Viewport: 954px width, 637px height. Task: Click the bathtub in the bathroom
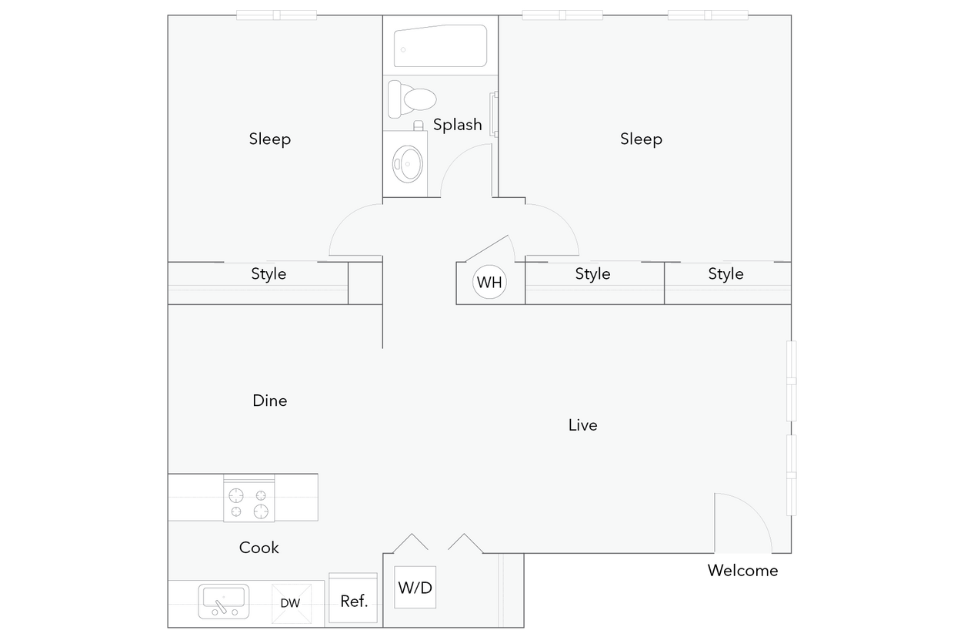[440, 47]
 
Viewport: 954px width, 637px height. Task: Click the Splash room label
[458, 124]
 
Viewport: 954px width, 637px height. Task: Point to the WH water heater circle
[489, 282]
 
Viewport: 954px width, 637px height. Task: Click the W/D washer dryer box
[415, 588]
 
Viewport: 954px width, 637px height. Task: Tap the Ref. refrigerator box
[354, 600]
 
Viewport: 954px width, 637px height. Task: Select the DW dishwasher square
[290, 602]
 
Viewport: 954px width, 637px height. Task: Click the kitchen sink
[224, 600]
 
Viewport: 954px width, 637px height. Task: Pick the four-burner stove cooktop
[249, 502]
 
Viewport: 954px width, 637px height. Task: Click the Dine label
[270, 401]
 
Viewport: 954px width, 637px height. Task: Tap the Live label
[582, 425]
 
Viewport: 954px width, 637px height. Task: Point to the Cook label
[259, 548]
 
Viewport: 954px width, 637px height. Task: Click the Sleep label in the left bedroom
[270, 139]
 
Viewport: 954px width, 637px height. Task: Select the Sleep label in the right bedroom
[641, 139]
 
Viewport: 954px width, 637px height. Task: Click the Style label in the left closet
[269, 273]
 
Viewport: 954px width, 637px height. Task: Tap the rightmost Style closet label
[726, 273]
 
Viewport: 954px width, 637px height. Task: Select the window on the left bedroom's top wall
[276, 13]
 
